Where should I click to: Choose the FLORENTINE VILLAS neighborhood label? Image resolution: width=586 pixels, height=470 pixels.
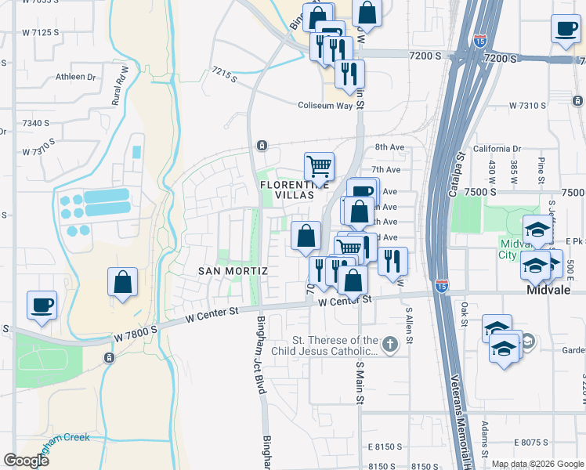tap(288, 189)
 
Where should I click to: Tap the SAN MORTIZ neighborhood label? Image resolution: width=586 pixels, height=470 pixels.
tap(233, 270)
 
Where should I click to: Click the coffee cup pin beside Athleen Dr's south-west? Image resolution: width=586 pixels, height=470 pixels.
tap(42, 305)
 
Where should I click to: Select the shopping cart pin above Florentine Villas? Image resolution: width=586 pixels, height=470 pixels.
tap(319, 166)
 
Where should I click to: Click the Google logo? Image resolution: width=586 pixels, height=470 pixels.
tap(26, 460)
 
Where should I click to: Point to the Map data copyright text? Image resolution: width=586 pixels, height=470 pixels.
tap(537, 464)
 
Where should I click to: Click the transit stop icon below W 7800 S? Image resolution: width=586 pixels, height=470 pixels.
tap(108, 357)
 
